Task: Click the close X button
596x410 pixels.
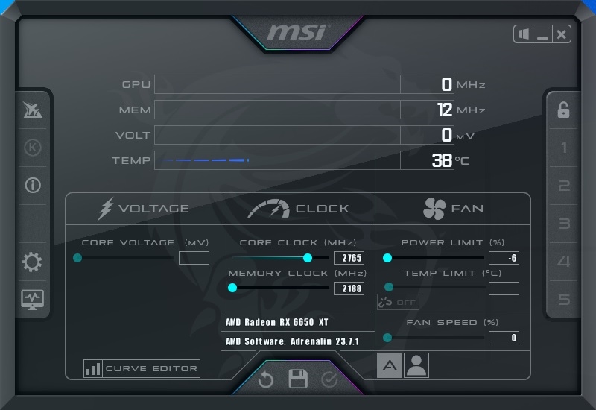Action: [562, 34]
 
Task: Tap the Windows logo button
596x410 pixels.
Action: [524, 34]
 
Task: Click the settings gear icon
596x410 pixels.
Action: [32, 262]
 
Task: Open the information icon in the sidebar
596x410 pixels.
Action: [33, 185]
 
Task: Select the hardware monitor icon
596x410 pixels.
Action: [32, 300]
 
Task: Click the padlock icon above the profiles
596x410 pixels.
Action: [563, 110]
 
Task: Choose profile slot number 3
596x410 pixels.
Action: [565, 223]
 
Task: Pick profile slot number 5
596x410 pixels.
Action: [564, 300]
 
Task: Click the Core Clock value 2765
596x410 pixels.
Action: [349, 258]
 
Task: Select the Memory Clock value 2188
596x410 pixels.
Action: [349, 288]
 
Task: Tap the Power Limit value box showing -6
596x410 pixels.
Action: [504, 258]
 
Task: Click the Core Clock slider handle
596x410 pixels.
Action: [308, 258]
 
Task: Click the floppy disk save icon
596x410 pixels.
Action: [298, 379]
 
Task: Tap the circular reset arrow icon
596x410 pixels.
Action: [266, 379]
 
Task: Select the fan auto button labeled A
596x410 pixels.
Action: [389, 365]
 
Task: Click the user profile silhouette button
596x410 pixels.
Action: [416, 365]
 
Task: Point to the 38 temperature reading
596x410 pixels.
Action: [442, 160]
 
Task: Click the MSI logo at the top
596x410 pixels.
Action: [297, 32]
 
